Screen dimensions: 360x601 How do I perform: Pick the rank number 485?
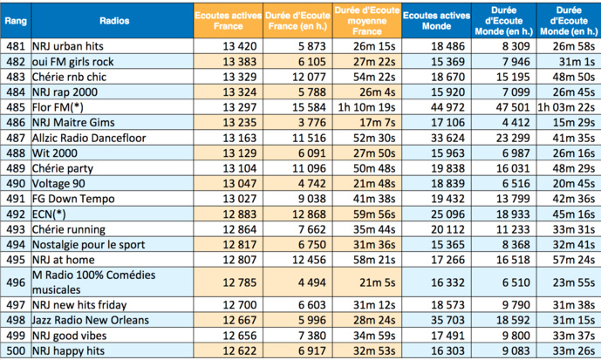[x=15, y=107]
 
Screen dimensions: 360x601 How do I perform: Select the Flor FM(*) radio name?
[x=59, y=107]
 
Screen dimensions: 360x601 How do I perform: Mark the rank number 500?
[x=15, y=351]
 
